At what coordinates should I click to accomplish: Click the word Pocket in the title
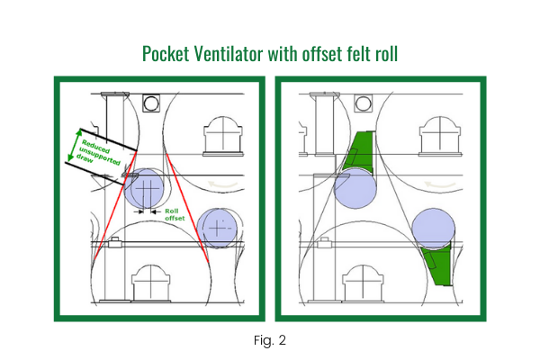(167, 53)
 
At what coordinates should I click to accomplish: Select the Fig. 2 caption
(269, 341)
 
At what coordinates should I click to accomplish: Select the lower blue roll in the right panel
(434, 229)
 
